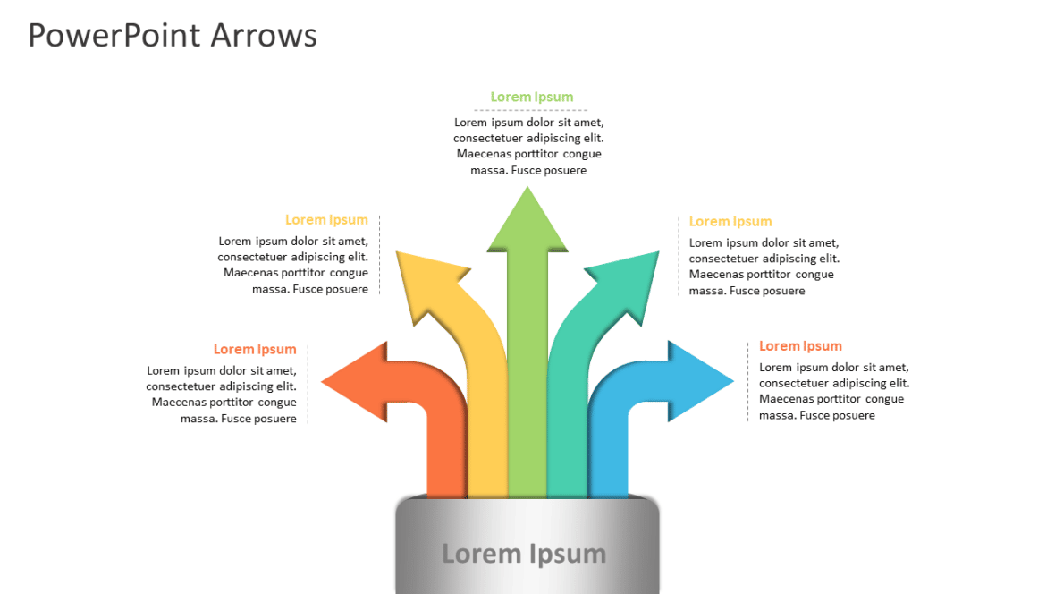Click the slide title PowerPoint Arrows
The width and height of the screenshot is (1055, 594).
(173, 36)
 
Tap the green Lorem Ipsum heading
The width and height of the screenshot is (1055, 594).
(531, 97)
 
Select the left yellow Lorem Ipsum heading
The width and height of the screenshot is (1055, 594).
(326, 220)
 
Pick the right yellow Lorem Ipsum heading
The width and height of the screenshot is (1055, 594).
(730, 222)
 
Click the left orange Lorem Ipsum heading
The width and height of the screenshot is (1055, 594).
(255, 350)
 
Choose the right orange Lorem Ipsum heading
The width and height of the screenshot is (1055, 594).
(800, 346)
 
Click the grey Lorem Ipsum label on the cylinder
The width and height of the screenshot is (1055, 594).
(524, 554)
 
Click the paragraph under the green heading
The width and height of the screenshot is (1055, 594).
(528, 146)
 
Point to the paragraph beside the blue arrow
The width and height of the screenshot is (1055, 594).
(833, 391)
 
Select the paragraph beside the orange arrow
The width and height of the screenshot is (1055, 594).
(223, 395)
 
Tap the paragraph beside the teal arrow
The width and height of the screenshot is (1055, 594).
(764, 267)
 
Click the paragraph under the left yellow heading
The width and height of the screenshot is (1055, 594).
(294, 265)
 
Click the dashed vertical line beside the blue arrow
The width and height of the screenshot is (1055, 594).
(748, 381)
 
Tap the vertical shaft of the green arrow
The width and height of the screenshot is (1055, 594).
(527, 376)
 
